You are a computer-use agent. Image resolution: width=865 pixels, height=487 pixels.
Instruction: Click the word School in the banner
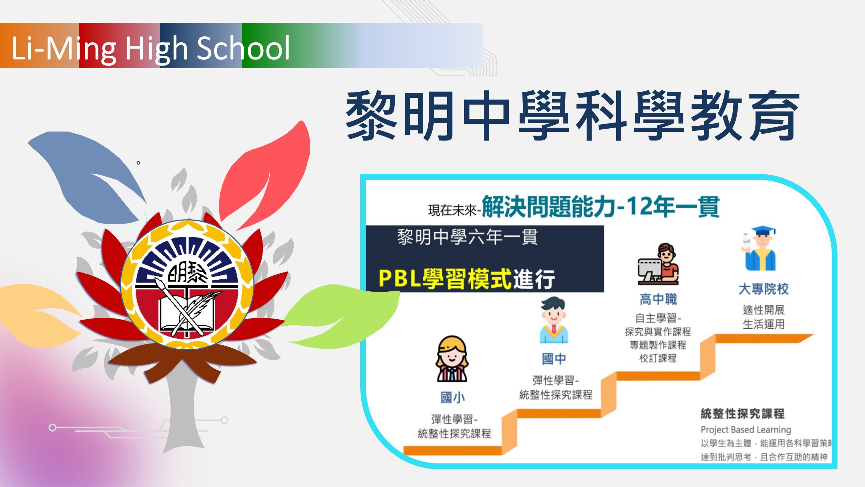[243, 49]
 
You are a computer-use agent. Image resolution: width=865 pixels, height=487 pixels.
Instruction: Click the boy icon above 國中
[554, 320]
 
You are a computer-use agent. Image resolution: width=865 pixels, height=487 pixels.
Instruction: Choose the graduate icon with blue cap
[760, 249]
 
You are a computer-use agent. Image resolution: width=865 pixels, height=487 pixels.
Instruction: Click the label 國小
[453, 397]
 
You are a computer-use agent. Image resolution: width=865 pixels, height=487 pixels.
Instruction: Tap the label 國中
[554, 359]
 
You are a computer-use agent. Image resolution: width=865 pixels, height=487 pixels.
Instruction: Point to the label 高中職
[658, 299]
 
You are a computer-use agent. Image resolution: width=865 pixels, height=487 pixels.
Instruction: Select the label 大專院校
[764, 289]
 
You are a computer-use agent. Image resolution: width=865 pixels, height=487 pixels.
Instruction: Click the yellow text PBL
[400, 279]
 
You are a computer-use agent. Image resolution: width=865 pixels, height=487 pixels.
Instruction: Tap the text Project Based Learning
[746, 430]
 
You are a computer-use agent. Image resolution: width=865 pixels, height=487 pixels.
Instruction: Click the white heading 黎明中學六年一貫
[467, 237]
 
